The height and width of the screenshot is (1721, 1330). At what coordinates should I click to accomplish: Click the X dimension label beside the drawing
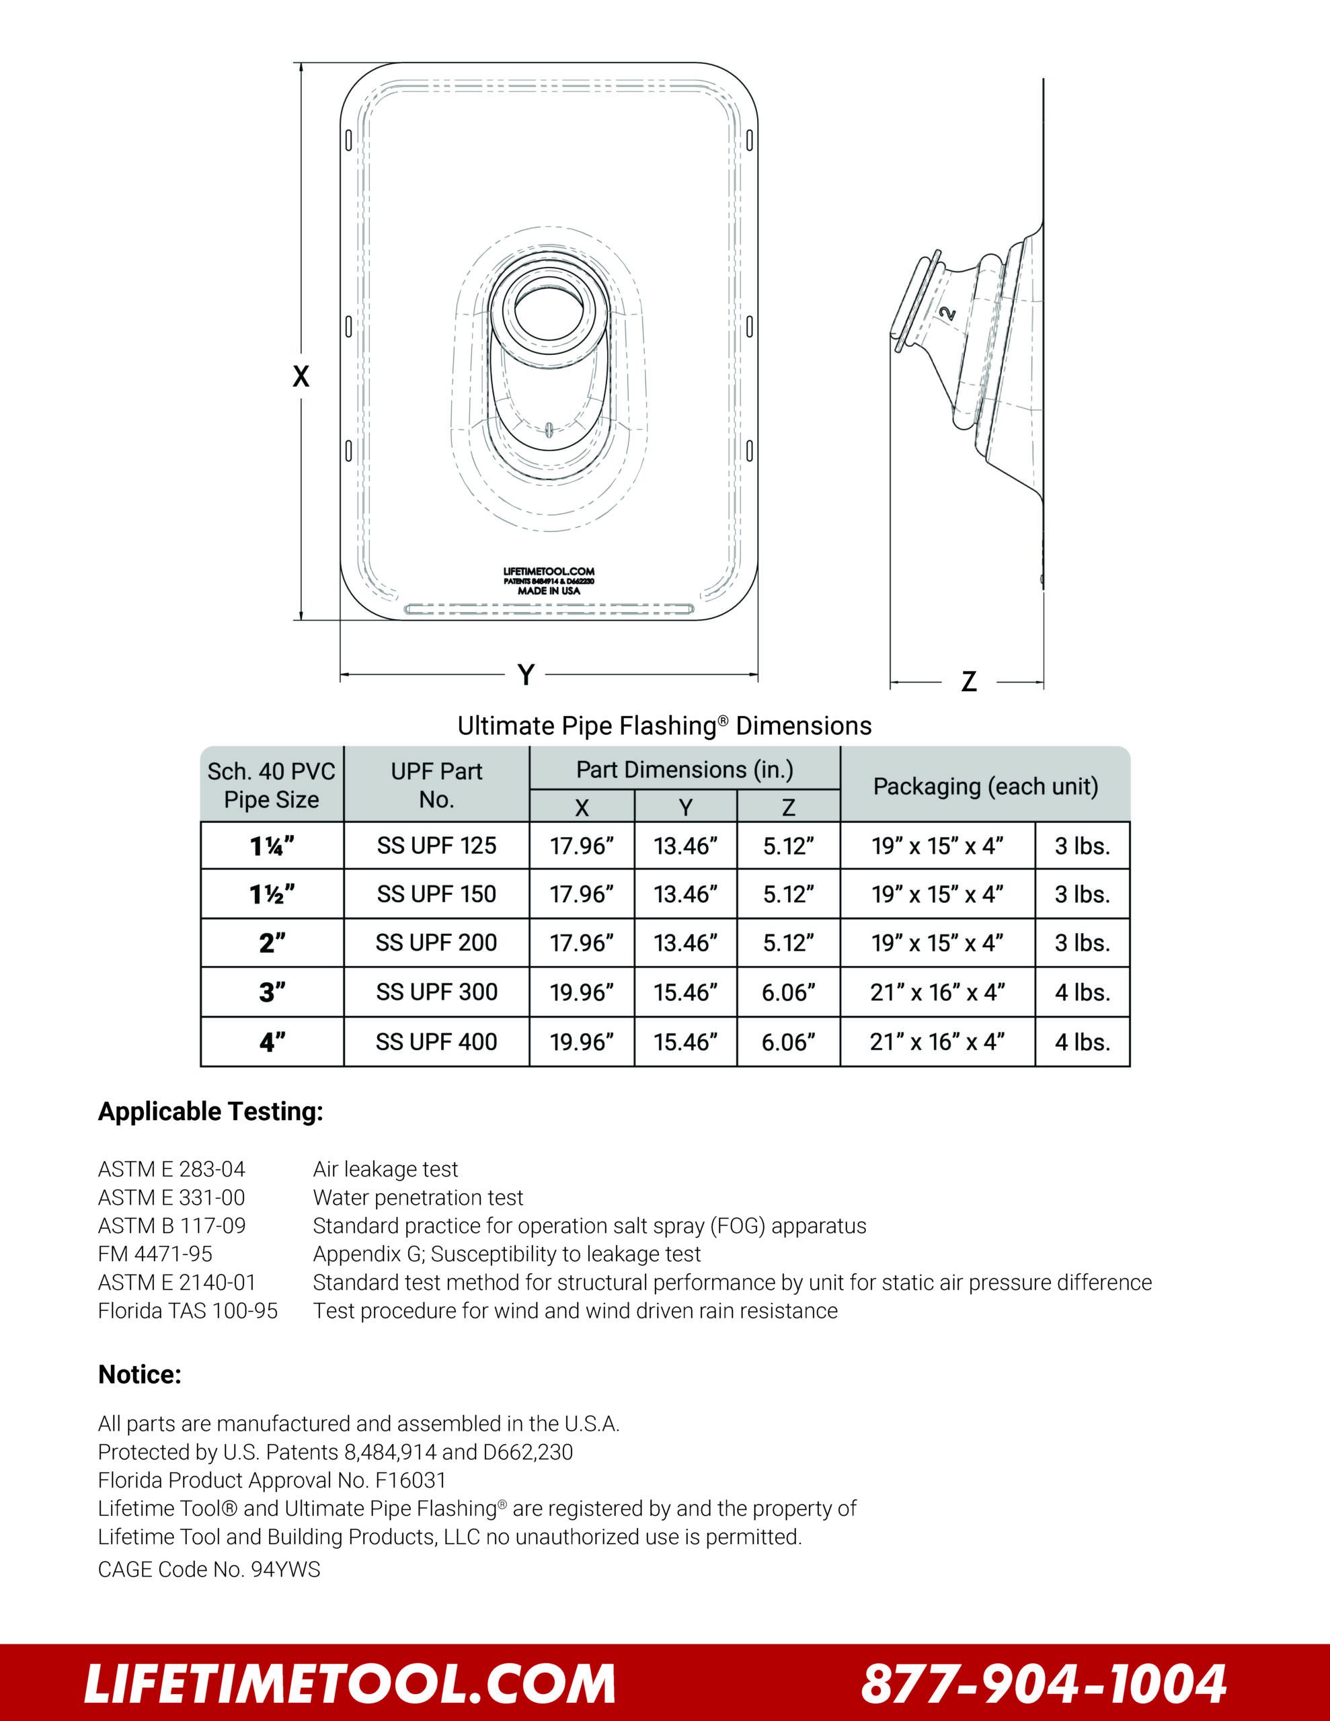301,376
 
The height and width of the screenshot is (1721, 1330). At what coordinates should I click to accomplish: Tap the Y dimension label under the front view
526,674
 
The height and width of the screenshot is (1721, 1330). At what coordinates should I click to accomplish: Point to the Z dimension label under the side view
969,682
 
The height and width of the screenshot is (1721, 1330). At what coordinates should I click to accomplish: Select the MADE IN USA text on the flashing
549,590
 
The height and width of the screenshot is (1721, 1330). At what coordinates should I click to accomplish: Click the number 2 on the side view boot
949,313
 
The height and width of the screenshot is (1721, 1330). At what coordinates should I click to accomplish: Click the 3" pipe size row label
272,992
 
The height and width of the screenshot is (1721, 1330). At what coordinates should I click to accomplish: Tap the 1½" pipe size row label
272,894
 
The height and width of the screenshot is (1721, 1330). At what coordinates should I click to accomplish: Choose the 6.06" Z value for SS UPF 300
788,992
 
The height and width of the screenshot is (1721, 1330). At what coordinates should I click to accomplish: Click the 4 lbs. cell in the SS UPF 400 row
1082,1042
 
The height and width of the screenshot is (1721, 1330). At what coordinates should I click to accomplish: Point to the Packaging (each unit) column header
986,786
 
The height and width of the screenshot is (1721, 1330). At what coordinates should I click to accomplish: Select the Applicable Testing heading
210,1111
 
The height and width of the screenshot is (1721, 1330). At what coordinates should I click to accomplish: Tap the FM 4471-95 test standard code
155,1254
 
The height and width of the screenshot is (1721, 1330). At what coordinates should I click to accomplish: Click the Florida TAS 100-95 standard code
188,1310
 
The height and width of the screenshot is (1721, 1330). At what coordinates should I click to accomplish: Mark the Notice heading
140,1374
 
